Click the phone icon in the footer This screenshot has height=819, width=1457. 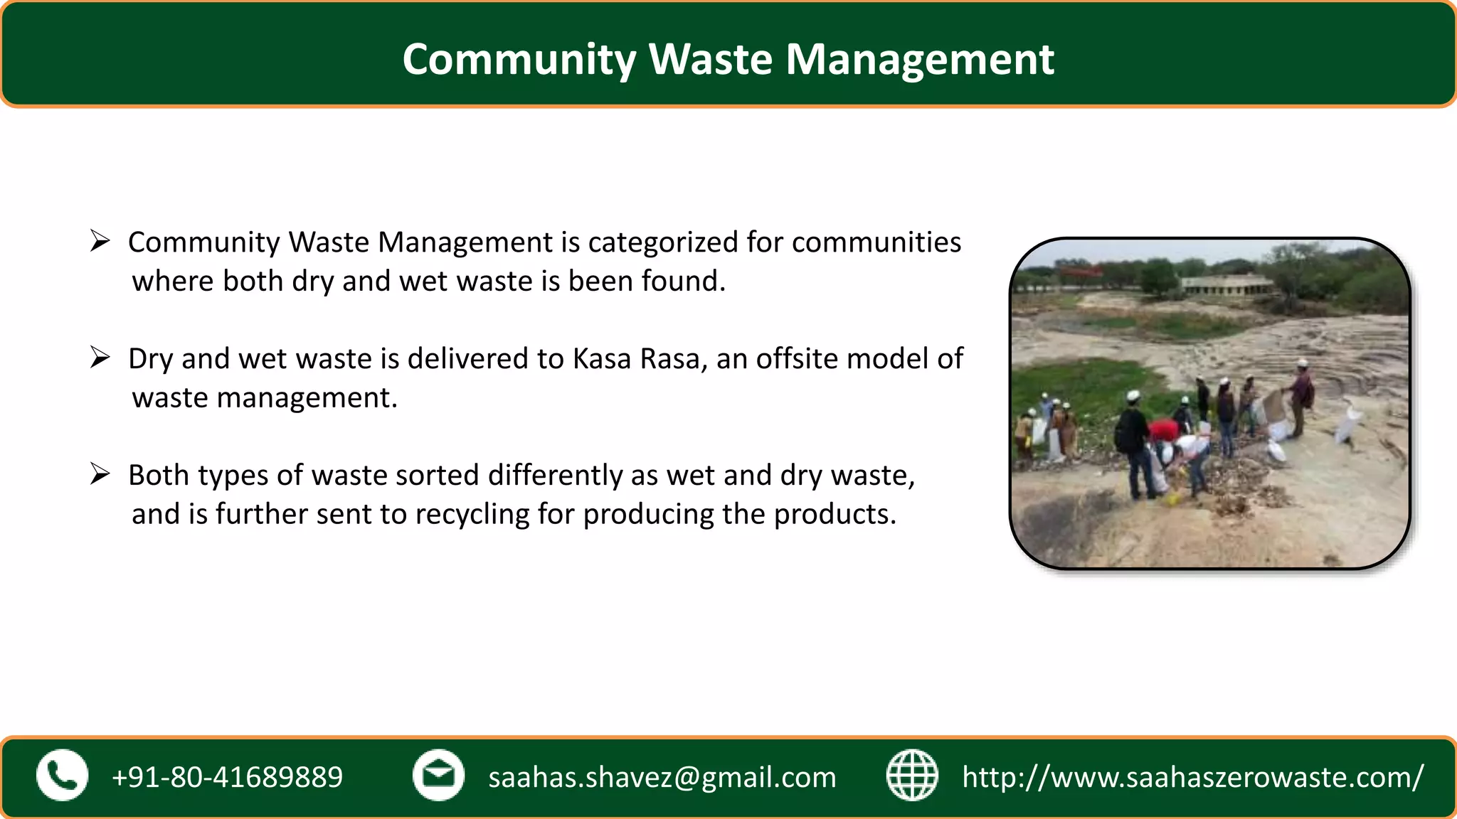click(63, 776)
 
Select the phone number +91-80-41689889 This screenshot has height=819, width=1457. click(227, 777)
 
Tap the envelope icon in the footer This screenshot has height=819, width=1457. click(438, 776)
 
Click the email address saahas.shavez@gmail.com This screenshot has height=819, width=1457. click(662, 777)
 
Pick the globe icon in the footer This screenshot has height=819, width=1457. click(912, 776)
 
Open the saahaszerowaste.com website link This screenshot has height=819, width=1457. click(1192, 777)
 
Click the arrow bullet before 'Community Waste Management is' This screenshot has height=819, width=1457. click(100, 242)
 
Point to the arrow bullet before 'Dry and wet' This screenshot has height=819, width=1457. click(100, 358)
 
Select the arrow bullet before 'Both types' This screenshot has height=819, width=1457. click(100, 474)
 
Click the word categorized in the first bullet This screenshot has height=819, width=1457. click(663, 243)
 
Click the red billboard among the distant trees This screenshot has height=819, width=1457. click(1079, 272)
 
